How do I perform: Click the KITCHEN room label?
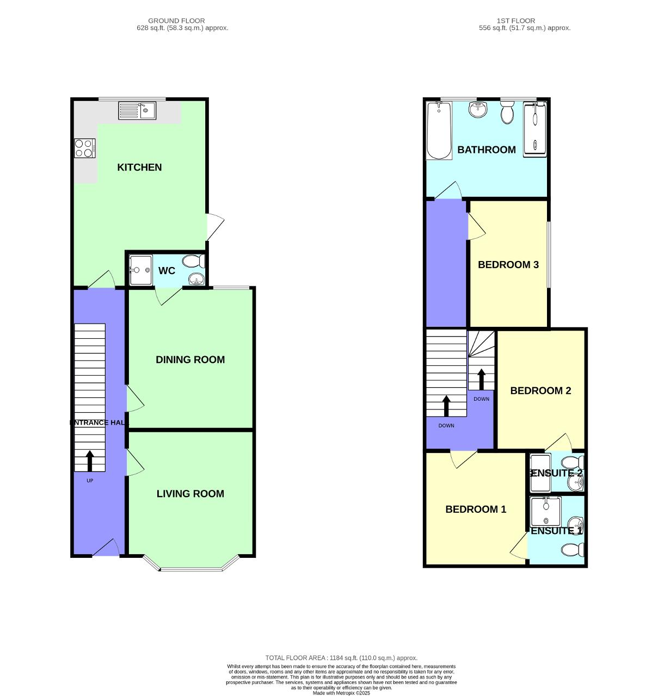(x=139, y=167)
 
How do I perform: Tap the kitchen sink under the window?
(x=137, y=111)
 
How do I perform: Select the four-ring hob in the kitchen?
(x=85, y=148)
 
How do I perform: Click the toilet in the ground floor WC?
(x=193, y=262)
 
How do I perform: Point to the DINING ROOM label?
(x=190, y=360)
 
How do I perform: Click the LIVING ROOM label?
(x=190, y=494)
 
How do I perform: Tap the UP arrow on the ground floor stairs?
(x=90, y=461)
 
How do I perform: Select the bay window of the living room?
(x=191, y=568)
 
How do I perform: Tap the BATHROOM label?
(x=486, y=150)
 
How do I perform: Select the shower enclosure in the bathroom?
(x=535, y=129)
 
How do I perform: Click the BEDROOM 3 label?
(x=508, y=265)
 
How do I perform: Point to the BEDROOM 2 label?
(x=540, y=391)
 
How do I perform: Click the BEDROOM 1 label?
(x=476, y=509)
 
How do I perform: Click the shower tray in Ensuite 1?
(x=545, y=511)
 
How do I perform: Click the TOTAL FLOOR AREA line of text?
(x=341, y=658)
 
